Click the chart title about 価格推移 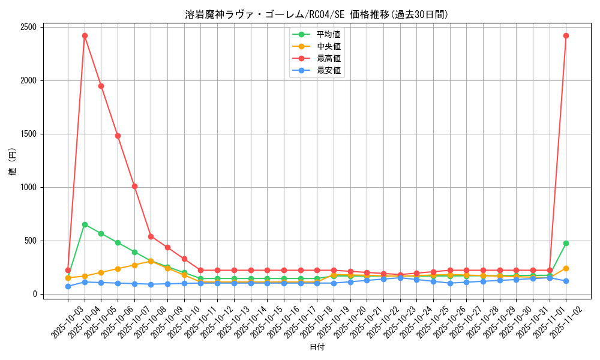point(316,14)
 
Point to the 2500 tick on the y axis point(27,27)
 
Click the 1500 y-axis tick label point(27,134)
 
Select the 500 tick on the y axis point(29,241)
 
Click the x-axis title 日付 point(317,347)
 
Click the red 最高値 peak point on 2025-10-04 point(85,35)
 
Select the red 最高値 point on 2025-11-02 point(566,35)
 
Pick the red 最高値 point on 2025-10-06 point(118,136)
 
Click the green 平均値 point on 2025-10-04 point(85,224)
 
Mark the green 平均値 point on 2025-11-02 point(566,243)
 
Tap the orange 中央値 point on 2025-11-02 point(566,268)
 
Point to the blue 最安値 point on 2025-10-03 point(68,286)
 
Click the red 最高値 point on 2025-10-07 point(134,186)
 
